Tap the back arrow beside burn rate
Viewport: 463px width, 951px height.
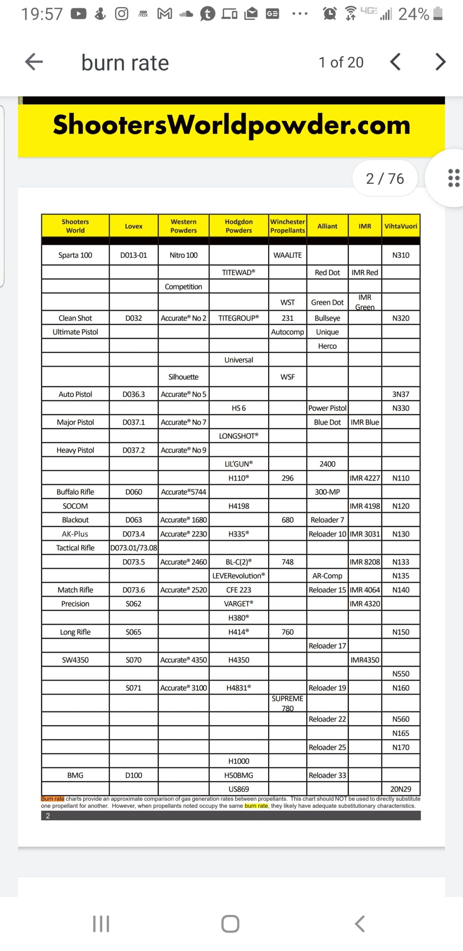[x=34, y=62]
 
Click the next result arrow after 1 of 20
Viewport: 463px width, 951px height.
[x=440, y=62]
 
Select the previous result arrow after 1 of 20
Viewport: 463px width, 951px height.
[x=395, y=62]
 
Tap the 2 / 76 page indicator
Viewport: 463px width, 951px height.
[x=385, y=179]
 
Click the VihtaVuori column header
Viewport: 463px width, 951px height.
[x=401, y=226]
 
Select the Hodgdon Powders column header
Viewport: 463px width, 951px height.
[x=238, y=226]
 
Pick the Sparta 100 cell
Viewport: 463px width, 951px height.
[x=75, y=255]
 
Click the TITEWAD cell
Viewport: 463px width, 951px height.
[x=238, y=272]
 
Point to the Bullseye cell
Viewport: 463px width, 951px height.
[x=327, y=318]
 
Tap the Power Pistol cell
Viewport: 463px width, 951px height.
[x=327, y=408]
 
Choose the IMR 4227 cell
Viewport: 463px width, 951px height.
[x=364, y=478]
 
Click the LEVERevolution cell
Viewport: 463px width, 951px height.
[x=238, y=576]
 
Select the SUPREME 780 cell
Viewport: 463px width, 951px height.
[x=287, y=703]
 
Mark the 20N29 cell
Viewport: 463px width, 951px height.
[x=401, y=789]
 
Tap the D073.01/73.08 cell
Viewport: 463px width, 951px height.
[x=134, y=548]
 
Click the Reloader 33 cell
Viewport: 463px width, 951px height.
[x=327, y=775]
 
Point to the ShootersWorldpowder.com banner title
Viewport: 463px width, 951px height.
[x=231, y=125]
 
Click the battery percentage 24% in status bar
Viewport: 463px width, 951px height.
[x=413, y=14]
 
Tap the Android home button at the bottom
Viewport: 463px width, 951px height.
[x=230, y=924]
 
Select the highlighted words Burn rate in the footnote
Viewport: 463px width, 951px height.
[x=52, y=799]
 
